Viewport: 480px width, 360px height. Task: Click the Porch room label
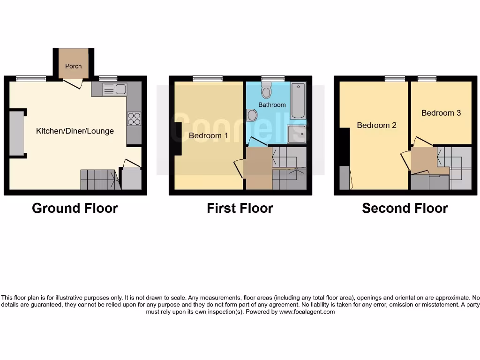(x=73, y=66)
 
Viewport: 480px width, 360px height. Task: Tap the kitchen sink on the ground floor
(x=114, y=89)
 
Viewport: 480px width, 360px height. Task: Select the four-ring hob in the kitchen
(x=134, y=119)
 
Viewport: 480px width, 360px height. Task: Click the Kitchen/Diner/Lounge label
(x=75, y=131)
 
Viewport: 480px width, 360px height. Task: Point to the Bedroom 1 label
(x=209, y=136)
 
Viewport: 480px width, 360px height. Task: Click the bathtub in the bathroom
(x=298, y=101)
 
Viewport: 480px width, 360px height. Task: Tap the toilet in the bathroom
(x=267, y=90)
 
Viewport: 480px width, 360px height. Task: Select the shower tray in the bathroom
(x=297, y=134)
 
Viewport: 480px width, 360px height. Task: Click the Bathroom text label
(x=272, y=105)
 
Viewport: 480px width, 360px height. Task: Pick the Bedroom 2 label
(x=377, y=125)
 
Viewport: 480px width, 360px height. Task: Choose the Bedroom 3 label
(x=441, y=112)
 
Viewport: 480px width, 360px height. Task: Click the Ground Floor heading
(x=75, y=208)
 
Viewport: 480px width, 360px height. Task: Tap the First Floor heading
(x=240, y=208)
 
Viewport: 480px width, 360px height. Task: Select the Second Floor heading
(x=405, y=208)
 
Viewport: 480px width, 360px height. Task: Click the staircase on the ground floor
(x=98, y=180)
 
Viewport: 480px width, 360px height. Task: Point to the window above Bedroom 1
(x=208, y=79)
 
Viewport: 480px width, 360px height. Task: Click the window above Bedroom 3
(x=427, y=79)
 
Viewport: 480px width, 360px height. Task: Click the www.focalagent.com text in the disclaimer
(x=307, y=312)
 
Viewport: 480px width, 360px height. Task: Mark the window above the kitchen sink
(x=108, y=79)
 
